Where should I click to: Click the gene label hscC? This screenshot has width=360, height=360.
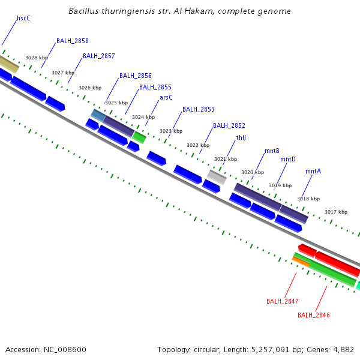[x=23, y=19]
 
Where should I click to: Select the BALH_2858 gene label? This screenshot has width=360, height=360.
[x=73, y=41]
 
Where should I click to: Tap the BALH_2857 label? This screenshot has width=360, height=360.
[x=98, y=56]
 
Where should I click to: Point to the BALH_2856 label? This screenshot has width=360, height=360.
[x=135, y=76]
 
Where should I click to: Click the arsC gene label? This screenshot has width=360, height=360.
[x=166, y=97]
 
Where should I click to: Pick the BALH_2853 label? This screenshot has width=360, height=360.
[x=198, y=110]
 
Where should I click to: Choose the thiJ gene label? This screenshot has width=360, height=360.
[x=241, y=137]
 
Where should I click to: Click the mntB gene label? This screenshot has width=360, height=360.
[x=272, y=151]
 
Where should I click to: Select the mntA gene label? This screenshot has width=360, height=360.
[x=313, y=171]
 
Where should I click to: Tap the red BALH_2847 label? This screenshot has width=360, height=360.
[x=283, y=301]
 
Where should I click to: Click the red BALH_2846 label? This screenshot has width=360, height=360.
[x=314, y=315]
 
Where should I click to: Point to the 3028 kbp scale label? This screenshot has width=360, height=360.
[x=37, y=58]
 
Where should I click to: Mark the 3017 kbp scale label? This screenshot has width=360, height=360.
[x=336, y=212]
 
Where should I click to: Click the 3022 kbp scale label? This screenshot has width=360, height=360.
[x=198, y=145]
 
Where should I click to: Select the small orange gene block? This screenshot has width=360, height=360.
[x=301, y=260]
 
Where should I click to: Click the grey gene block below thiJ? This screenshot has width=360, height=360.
[x=217, y=176]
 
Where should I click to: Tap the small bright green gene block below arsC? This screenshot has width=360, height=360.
[x=139, y=137]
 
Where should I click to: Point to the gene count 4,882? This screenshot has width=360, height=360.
[x=342, y=349]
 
